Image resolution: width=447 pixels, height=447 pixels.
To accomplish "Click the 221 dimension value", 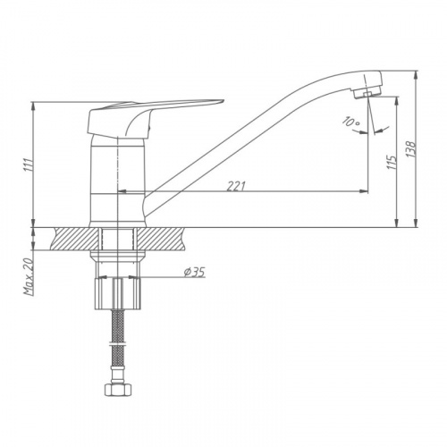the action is [236, 186].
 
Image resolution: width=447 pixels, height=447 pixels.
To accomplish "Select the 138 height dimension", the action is [411, 149].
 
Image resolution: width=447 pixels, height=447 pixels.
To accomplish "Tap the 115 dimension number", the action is [392, 163].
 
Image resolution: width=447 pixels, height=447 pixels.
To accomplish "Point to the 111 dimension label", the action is [29, 164].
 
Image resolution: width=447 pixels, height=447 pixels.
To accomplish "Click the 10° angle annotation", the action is [351, 122].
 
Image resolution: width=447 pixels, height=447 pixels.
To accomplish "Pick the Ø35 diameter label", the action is [194, 272].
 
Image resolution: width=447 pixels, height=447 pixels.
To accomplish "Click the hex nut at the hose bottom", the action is [118, 389].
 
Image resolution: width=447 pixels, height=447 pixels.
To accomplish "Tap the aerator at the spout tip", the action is [367, 94].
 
